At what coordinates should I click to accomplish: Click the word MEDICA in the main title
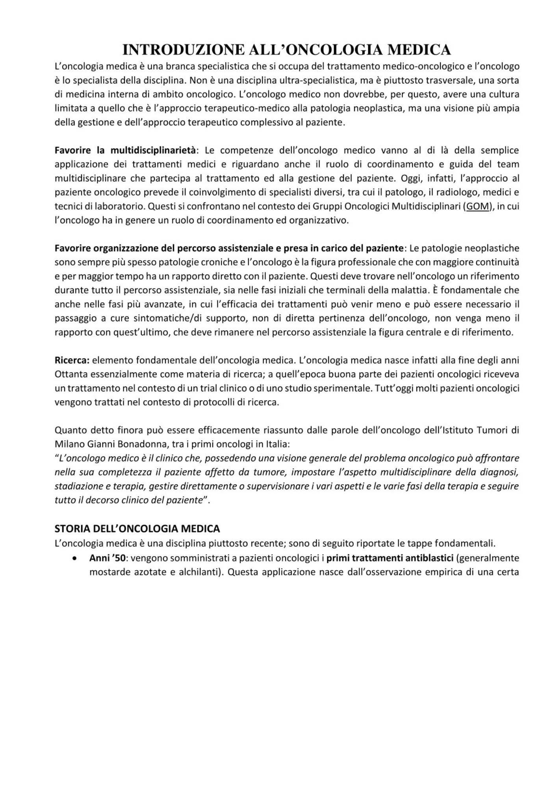419,50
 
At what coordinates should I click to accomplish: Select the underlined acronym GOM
477,206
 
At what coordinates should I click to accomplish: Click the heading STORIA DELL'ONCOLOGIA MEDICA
137,528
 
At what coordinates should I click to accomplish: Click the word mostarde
108,572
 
